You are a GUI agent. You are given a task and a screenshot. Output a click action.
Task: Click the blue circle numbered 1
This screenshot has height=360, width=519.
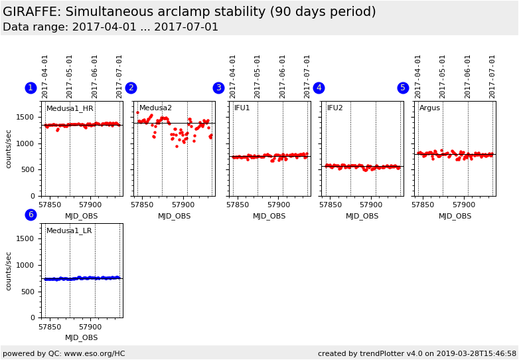click(31, 88)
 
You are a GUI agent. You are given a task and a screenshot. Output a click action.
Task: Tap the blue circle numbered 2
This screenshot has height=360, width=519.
click(131, 88)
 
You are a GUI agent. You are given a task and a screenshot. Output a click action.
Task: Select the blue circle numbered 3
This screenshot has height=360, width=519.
click(218, 88)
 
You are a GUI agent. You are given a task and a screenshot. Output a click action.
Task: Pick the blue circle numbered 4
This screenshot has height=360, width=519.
click(319, 88)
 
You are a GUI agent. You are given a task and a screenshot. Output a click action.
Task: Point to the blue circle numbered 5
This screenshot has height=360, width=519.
click(403, 88)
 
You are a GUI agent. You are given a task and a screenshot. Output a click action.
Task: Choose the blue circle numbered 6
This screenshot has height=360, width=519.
click(31, 215)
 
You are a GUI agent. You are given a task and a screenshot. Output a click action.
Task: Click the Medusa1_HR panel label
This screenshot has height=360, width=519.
click(70, 108)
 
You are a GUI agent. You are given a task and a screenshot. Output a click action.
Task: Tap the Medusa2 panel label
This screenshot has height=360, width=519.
click(155, 108)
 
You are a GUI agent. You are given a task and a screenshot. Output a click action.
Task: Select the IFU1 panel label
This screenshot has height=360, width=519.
click(242, 108)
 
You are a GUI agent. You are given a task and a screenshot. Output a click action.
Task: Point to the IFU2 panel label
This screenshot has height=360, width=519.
click(335, 108)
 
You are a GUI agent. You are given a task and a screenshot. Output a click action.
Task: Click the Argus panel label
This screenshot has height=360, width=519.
click(429, 108)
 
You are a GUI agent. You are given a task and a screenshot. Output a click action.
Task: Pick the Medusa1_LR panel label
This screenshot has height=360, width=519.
click(69, 230)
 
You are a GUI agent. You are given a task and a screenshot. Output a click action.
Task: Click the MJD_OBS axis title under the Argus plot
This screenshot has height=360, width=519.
click(455, 216)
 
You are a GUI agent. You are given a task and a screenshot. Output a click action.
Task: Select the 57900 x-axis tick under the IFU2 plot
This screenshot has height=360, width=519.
click(372, 205)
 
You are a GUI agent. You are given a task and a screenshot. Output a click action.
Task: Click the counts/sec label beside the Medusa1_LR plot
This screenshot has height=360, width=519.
click(9, 271)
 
